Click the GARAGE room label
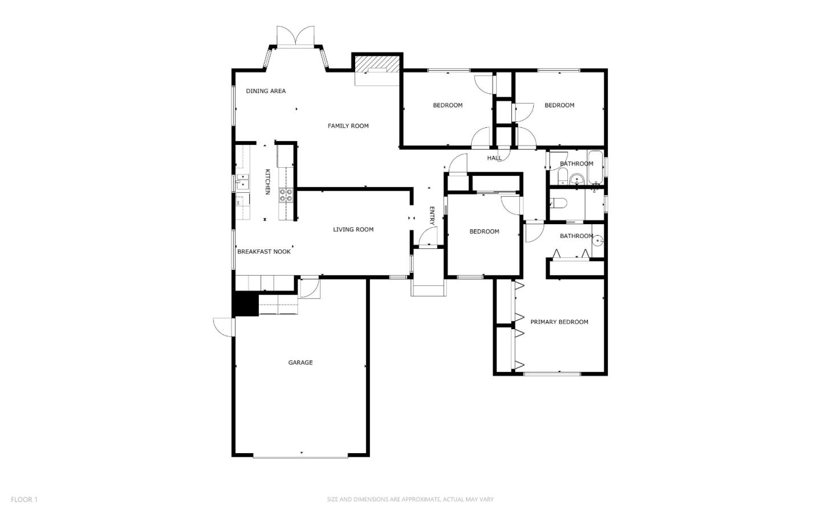coord(300,362)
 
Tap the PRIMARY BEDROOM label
coord(559,322)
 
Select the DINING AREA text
coord(266,91)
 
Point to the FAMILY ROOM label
coord(348,126)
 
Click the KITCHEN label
coord(268,181)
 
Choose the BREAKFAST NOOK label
coord(264,252)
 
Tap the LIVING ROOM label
coord(353,229)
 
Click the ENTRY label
coord(432,216)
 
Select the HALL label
coord(494,158)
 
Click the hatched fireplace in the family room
coord(377,64)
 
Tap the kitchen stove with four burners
coord(286,195)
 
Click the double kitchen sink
coord(243,181)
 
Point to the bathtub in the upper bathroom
coord(595,167)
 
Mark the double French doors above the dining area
coord(295,36)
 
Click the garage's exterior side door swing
coord(223,327)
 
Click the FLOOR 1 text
coord(24,499)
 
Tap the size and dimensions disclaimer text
coord(410,499)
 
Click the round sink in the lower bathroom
coord(598,241)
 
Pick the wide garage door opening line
coord(300,457)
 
